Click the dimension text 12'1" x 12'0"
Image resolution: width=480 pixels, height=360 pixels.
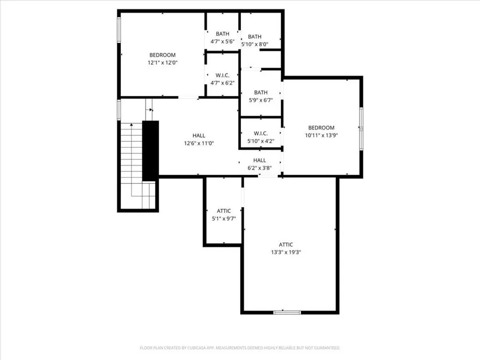coord(163,63)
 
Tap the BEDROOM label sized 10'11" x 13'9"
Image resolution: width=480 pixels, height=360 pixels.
coord(321,128)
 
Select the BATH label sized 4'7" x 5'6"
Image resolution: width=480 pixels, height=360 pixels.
coord(223,34)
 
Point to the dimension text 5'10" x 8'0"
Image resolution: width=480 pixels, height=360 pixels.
coord(255,44)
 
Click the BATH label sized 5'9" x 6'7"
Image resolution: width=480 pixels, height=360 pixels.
coord(261,92)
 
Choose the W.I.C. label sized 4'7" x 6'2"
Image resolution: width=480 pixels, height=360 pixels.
coord(223,75)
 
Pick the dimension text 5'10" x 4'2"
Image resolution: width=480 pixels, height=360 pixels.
coord(261,141)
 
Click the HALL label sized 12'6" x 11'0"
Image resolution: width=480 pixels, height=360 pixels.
coord(199,136)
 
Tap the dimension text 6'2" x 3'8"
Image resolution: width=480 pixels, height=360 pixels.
coord(260,168)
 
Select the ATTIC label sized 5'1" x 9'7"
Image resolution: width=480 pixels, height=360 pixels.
coord(224,211)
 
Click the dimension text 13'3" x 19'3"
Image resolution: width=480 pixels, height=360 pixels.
coord(286,252)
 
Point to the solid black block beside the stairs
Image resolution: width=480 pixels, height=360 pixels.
coord(151,151)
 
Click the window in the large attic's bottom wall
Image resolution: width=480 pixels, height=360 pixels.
coord(287,312)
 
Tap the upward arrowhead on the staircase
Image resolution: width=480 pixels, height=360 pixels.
coord(132,125)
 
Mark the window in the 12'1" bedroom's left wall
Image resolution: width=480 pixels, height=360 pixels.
coord(119,29)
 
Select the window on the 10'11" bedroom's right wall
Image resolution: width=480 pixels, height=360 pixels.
coord(361,129)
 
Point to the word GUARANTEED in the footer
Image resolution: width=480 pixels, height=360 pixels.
coord(328,348)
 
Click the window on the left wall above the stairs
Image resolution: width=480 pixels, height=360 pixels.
coord(119,109)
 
